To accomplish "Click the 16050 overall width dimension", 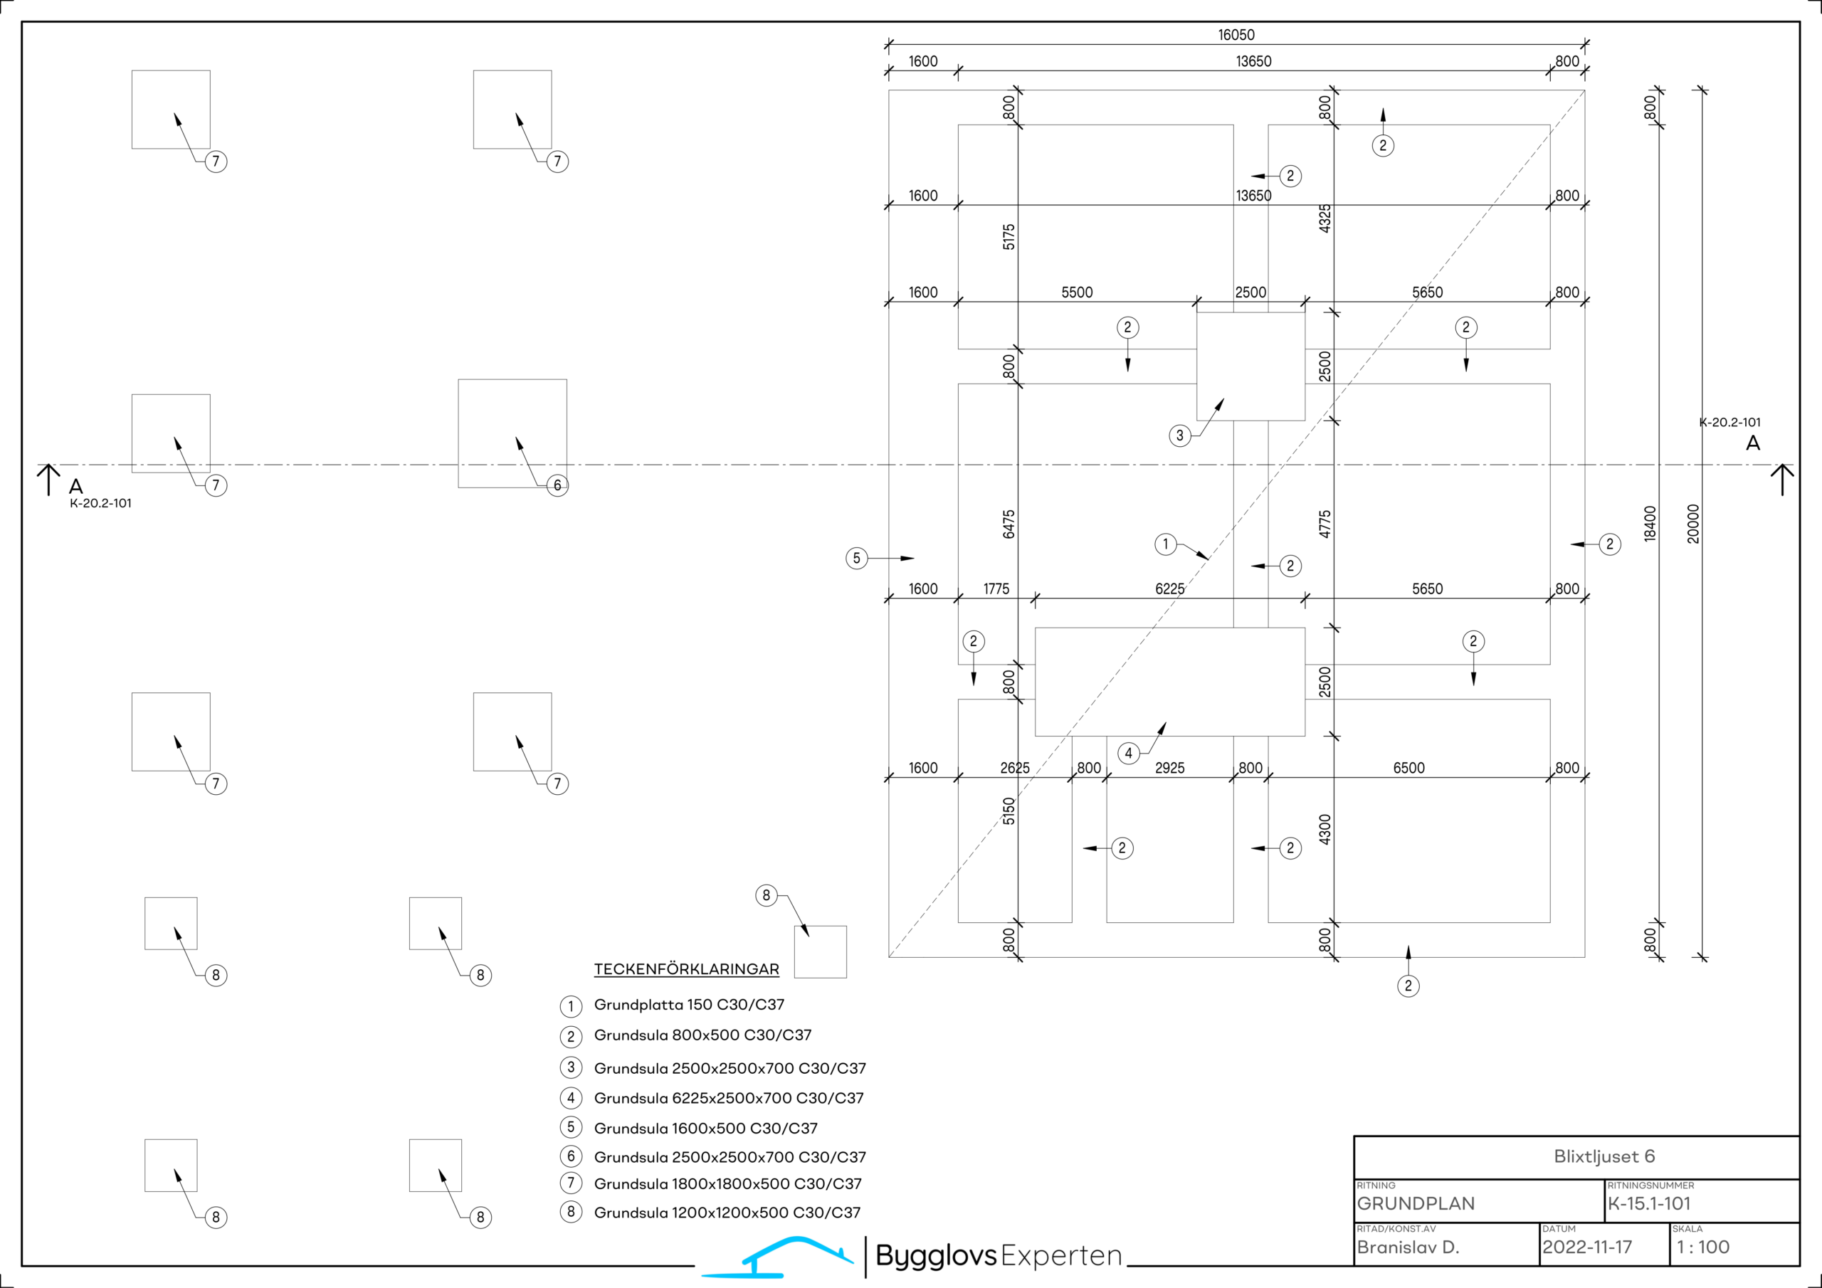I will [x=1236, y=35].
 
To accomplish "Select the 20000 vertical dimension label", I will [x=1693, y=524].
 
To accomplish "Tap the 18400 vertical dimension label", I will [x=1650, y=524].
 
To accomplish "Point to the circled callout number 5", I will [x=856, y=559].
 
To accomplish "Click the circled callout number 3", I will [x=1180, y=436].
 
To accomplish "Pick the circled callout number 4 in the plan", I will [x=1129, y=753].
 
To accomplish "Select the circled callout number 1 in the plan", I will [x=1166, y=544].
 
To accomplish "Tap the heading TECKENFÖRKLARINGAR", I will [x=686, y=969].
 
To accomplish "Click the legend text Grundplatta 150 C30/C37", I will [x=689, y=1005].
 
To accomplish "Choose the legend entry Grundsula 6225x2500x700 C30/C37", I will [x=729, y=1098].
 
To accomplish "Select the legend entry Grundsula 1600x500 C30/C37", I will [x=705, y=1129].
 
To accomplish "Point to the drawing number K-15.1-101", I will [x=1649, y=1204].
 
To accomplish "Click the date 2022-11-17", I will [x=1587, y=1247].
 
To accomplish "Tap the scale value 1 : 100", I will [x=1703, y=1247].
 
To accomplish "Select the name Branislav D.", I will [x=1408, y=1247].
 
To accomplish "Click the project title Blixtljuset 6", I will [x=1604, y=1157].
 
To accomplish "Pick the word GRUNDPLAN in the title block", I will [x=1416, y=1204].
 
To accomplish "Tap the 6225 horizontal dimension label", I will [x=1169, y=588].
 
